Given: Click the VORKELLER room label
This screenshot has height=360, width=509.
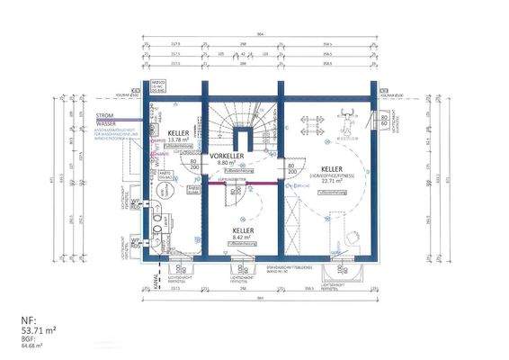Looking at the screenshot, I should (x=228, y=156).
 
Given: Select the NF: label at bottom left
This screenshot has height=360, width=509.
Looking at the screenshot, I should (x=28, y=322).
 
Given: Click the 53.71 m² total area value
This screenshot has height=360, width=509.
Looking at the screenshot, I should (x=42, y=332).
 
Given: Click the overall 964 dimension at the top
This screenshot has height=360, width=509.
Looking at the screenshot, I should (x=258, y=35).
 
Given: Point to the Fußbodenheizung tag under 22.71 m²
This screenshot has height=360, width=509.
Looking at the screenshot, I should (x=332, y=192).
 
